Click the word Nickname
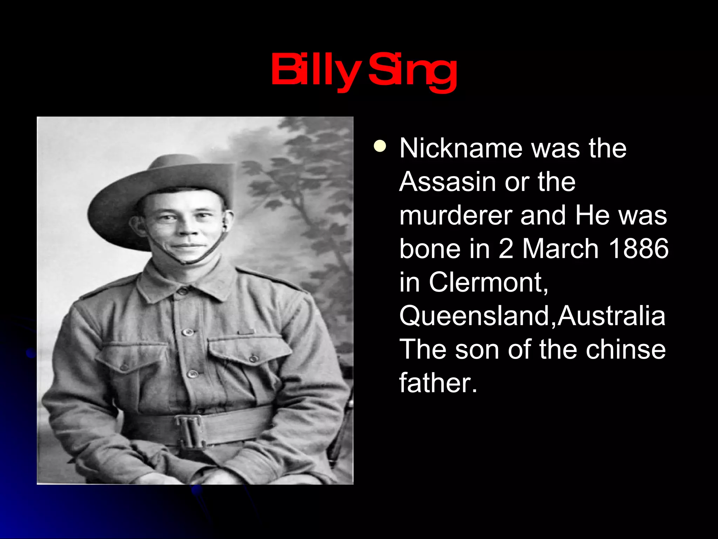(461, 148)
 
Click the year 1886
(638, 249)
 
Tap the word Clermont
(487, 282)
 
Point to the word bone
(429, 249)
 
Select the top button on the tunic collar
(183, 291)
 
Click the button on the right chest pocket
(253, 358)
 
